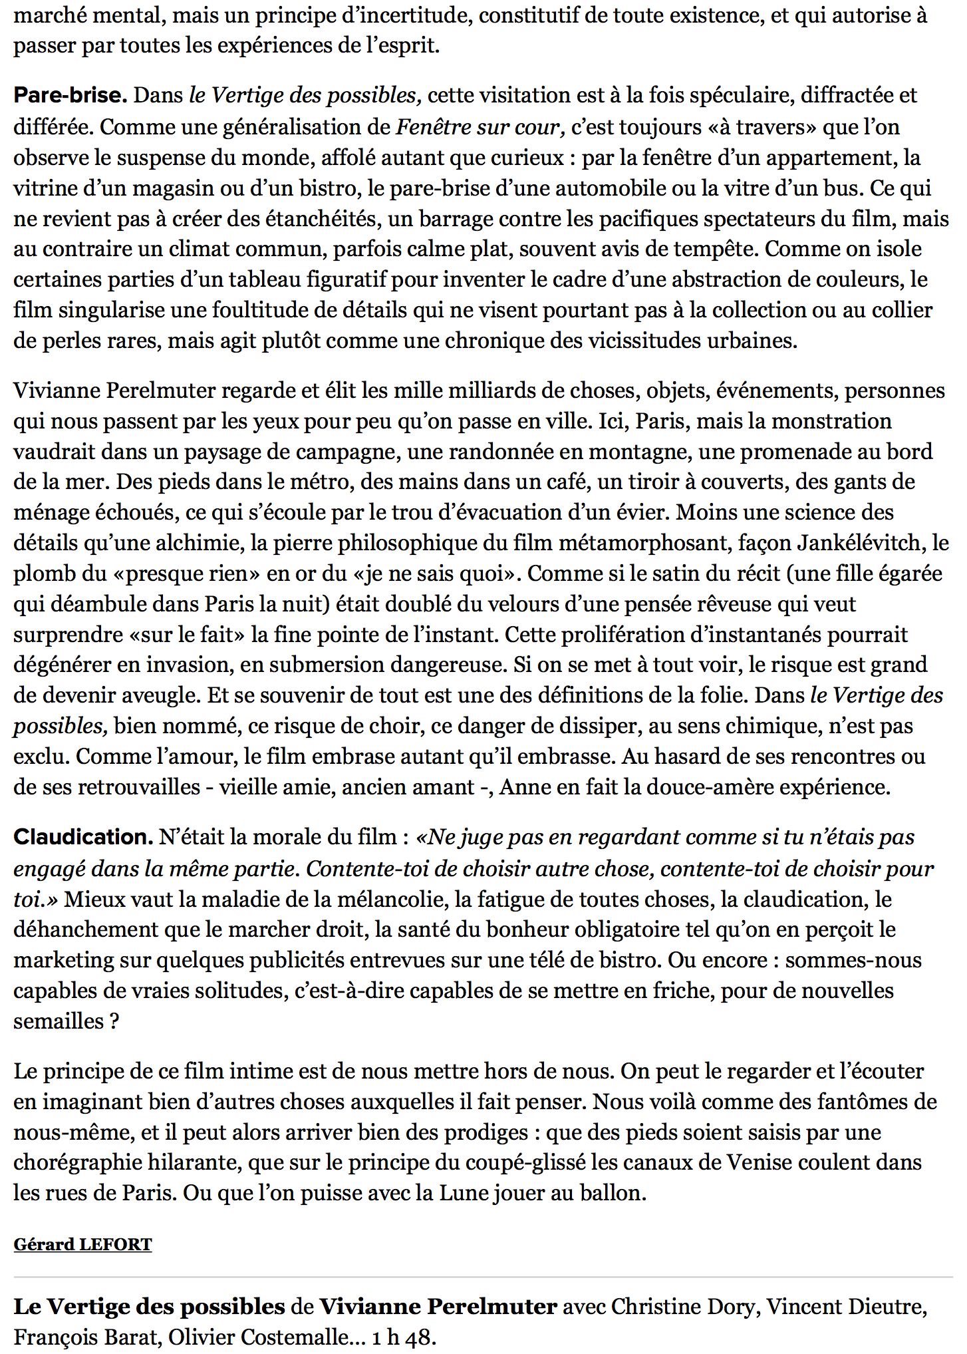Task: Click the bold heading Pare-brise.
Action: tap(70, 95)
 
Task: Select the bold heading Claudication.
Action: tap(83, 837)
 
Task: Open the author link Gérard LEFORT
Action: tap(82, 1244)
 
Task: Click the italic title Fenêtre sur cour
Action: tap(480, 126)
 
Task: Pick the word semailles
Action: tap(59, 1021)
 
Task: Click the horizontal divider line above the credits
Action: tap(484, 1277)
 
